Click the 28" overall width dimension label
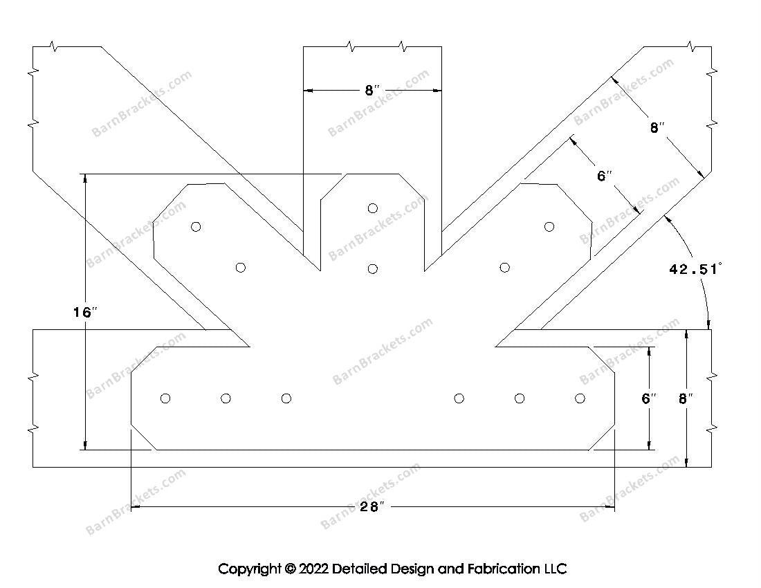[x=372, y=507]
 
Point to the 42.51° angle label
[x=695, y=269]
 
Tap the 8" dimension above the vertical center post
[x=372, y=91]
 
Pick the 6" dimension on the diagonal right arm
[x=605, y=176]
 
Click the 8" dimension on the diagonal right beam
[x=657, y=128]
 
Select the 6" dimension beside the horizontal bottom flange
[x=648, y=398]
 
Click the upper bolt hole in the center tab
[x=373, y=208]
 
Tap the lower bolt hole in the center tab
[x=373, y=268]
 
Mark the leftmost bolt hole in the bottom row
[x=165, y=398]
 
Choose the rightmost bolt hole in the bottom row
[x=580, y=398]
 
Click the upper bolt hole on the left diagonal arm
[x=196, y=226]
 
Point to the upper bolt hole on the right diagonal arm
[x=549, y=226]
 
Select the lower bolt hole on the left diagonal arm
[x=241, y=268]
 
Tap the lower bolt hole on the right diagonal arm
[x=505, y=268]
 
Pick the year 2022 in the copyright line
[x=313, y=569]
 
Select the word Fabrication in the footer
[x=503, y=569]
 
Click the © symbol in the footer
[x=289, y=569]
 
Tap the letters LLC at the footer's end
[x=555, y=569]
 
